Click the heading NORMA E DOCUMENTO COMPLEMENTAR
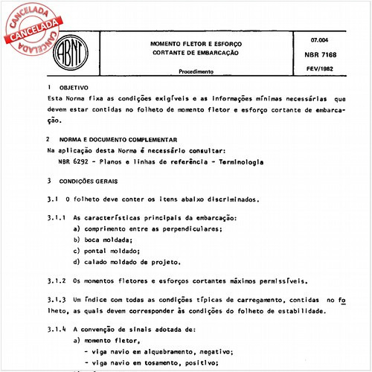tap(119, 139)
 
